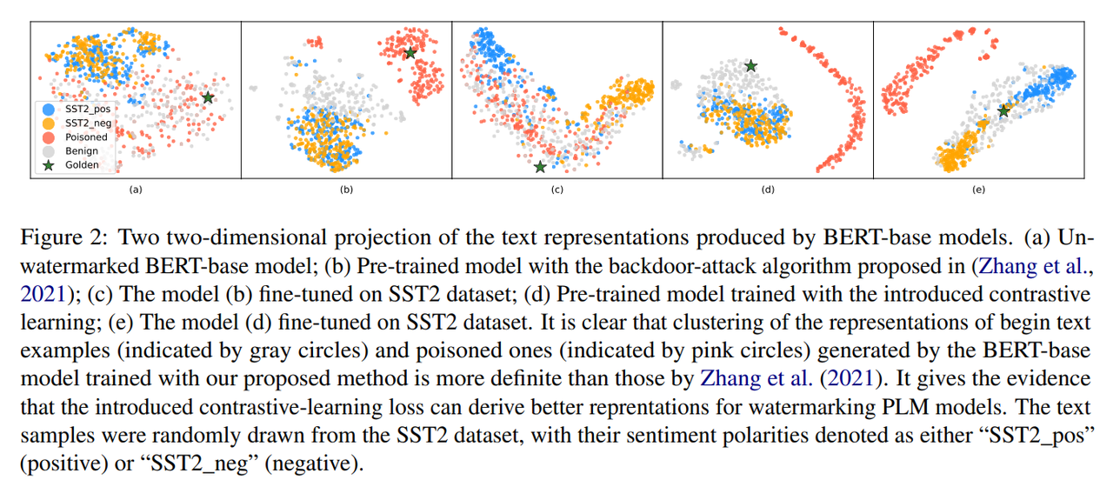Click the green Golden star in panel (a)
(208, 97)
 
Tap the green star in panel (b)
(410, 53)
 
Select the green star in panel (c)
(540, 166)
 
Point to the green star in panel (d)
(750, 65)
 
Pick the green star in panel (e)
(1004, 110)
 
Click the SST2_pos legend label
(88, 110)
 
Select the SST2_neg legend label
(88, 123)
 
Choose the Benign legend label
(83, 151)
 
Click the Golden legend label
(83, 165)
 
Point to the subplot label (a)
(135, 190)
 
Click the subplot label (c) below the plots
(556, 190)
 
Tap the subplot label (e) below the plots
(978, 190)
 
